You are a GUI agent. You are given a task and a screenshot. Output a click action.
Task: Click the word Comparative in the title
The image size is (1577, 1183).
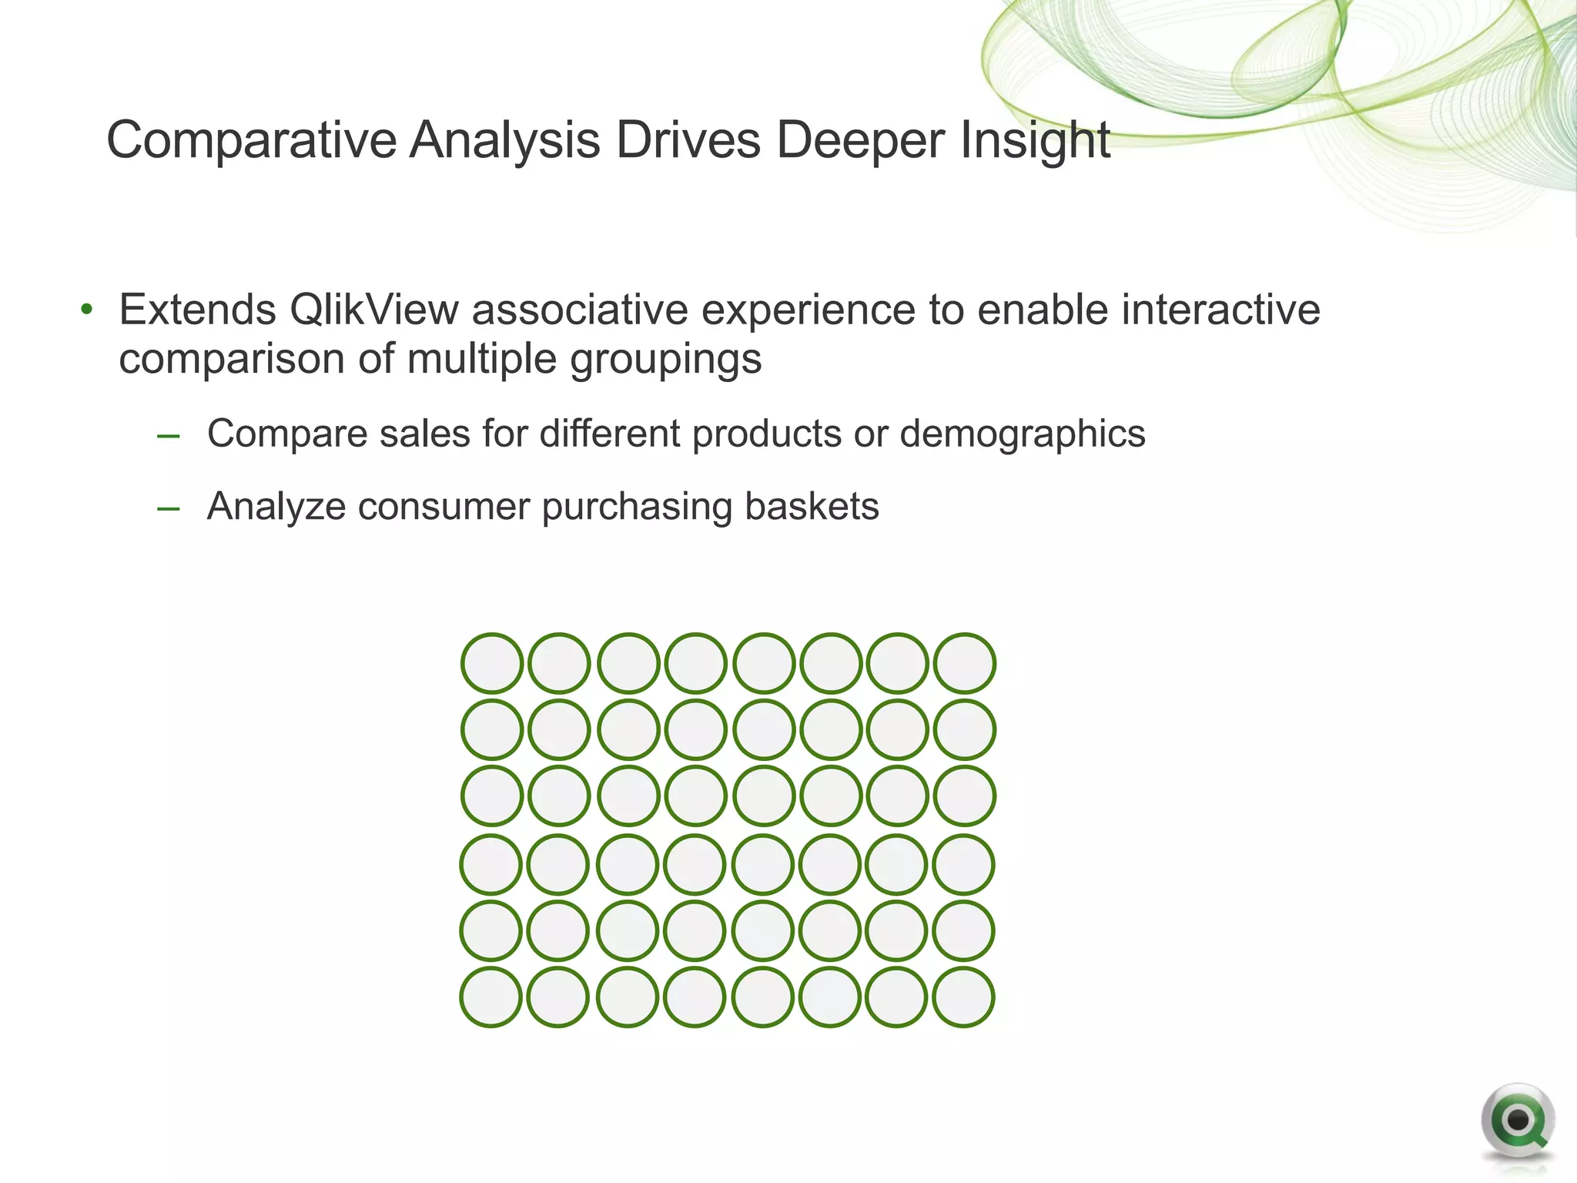click(x=251, y=140)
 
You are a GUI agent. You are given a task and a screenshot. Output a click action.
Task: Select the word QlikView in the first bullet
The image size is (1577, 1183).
click(x=374, y=310)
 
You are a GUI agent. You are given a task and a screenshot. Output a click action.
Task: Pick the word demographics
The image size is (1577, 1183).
click(x=1022, y=434)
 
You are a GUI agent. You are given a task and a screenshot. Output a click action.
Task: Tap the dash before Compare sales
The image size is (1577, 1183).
click(x=168, y=437)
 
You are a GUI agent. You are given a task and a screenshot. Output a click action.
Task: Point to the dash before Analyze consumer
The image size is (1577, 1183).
click(x=168, y=509)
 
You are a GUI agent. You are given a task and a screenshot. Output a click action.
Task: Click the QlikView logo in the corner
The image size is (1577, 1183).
click(x=1517, y=1121)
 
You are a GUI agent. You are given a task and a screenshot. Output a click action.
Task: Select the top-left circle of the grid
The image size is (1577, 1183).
click(x=492, y=663)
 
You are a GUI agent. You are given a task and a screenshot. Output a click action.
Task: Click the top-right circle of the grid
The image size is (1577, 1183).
click(x=964, y=663)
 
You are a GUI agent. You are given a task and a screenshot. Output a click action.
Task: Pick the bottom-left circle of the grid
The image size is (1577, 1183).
click(x=491, y=997)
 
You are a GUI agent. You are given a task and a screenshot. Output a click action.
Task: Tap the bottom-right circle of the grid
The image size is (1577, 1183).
click(x=963, y=997)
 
